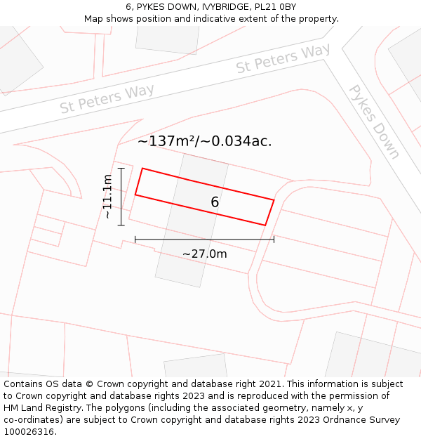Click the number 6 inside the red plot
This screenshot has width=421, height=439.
click(215, 202)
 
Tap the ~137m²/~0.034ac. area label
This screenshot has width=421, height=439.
click(204, 141)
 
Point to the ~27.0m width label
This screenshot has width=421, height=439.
click(205, 254)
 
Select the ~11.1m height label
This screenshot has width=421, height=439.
click(107, 197)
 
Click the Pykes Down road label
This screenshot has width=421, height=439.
click(375, 122)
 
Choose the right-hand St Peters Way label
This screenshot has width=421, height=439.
click(283, 59)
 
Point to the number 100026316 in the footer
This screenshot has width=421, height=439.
click(29, 432)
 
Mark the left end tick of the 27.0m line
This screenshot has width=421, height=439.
click(135, 240)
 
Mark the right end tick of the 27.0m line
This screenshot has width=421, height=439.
click(274, 240)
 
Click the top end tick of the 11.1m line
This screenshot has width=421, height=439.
click(121, 168)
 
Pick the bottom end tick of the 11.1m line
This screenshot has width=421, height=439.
click(121, 225)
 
